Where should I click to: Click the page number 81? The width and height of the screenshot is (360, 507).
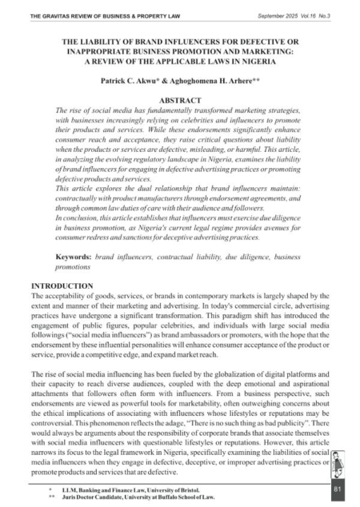click(x=337, y=487)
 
